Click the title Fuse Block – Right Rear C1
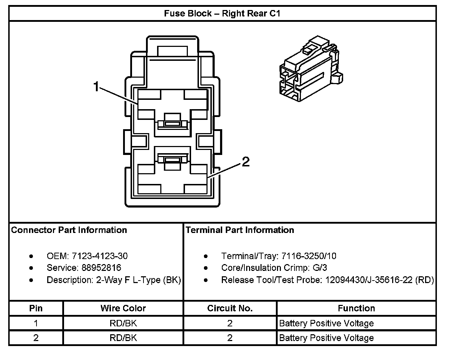click(x=222, y=14)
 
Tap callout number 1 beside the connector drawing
click(x=96, y=87)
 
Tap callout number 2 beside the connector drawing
click(x=245, y=162)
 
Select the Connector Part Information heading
click(x=69, y=230)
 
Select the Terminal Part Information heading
click(x=240, y=230)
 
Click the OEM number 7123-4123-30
click(x=99, y=256)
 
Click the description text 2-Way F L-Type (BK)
click(x=138, y=280)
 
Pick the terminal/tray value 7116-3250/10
click(x=309, y=256)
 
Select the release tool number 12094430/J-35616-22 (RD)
click(x=379, y=280)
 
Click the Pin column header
click(x=36, y=308)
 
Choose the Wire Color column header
click(x=123, y=308)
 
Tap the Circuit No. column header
click(x=230, y=308)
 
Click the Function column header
click(x=356, y=308)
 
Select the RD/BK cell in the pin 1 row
click(x=123, y=323)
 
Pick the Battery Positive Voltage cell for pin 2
click(x=326, y=338)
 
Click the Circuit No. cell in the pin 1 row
click(x=230, y=323)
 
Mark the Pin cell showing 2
click(x=36, y=338)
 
